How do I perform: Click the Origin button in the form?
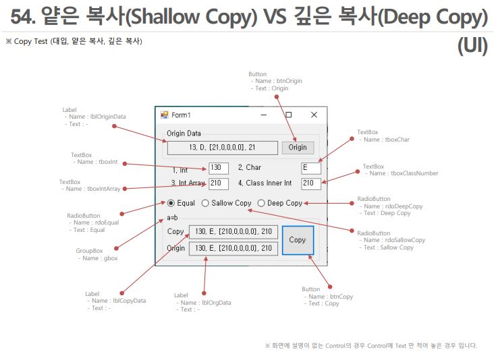click(x=297, y=148)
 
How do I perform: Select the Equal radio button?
click(x=171, y=203)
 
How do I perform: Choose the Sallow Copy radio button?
click(x=205, y=203)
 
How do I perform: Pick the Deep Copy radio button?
click(x=261, y=203)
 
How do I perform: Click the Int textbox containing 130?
click(x=219, y=167)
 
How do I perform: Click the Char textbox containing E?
click(x=311, y=168)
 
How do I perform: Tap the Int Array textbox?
click(x=219, y=183)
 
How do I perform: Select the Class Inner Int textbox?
click(x=311, y=183)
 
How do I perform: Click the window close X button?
click(x=314, y=115)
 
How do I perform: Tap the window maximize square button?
click(x=288, y=115)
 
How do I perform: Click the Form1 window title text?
click(x=181, y=115)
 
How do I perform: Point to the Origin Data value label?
click(x=222, y=148)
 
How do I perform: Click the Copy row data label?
click(x=233, y=232)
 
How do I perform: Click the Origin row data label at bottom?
click(x=233, y=248)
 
